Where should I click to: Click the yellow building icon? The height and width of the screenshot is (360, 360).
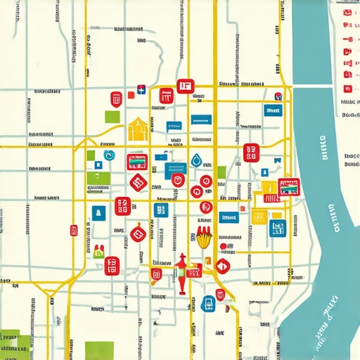(x=139, y=128)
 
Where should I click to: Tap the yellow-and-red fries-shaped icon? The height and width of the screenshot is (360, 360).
(x=205, y=237)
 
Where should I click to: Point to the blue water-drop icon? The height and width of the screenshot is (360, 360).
(x=196, y=161)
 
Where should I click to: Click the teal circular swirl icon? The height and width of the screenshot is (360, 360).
(x=108, y=155)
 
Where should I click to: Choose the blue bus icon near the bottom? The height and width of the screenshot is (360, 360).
(x=208, y=304)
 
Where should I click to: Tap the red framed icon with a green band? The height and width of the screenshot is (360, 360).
(x=136, y=162)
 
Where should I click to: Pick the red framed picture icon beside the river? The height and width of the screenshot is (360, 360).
(x=288, y=186)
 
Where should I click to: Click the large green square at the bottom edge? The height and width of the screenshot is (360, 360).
(x=99, y=350)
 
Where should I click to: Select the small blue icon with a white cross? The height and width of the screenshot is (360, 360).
(x=141, y=89)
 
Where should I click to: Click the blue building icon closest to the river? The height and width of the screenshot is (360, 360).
(x=276, y=226)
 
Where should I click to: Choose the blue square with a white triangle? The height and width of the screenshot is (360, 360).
(x=98, y=214)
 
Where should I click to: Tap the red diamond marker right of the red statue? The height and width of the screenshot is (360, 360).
(x=223, y=266)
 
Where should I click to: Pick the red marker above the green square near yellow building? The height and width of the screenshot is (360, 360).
(x=115, y=98)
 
